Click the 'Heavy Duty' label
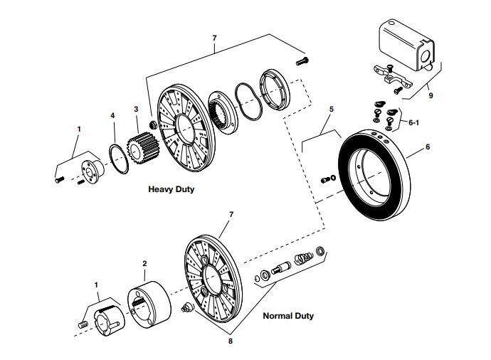coord(171,190)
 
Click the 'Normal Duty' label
coord(288,315)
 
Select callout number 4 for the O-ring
coord(111,115)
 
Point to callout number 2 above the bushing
coord(144,263)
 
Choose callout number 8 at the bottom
coord(230,342)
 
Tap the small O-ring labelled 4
coord(118,157)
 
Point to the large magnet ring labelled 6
coord(374,171)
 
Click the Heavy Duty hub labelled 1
coord(88,165)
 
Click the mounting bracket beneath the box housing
coord(391,78)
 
